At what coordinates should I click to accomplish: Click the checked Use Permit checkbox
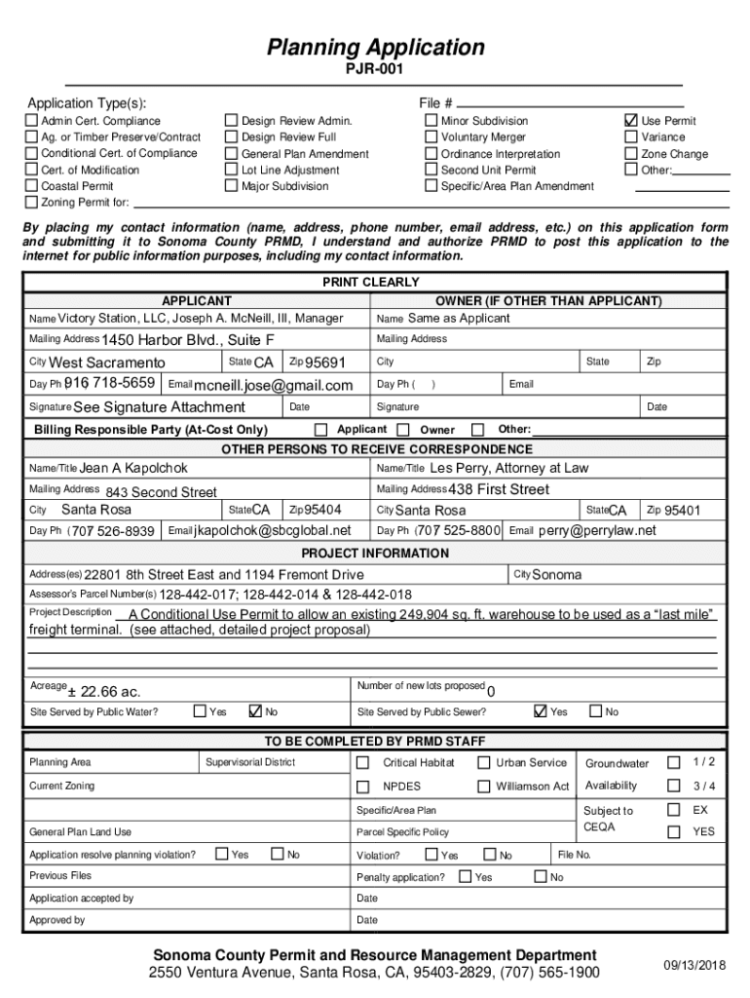(630, 121)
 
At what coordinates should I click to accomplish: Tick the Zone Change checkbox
(630, 154)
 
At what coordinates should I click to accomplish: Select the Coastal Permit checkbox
(32, 186)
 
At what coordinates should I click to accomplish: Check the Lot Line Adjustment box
(232, 170)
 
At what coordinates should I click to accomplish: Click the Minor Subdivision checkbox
(431, 121)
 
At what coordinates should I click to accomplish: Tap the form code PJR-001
(374, 69)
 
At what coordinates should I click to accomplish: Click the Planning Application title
(375, 47)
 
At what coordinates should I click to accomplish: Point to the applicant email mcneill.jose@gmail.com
(273, 386)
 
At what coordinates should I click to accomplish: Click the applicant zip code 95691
(325, 363)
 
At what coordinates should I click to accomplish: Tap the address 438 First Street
(499, 489)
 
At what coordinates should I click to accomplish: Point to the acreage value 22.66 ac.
(104, 691)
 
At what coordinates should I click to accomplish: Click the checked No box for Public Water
(257, 711)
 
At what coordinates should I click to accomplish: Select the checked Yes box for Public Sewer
(541, 711)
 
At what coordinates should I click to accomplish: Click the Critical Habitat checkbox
(362, 762)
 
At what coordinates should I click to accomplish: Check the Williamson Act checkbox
(483, 787)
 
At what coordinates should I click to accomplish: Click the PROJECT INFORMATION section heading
(375, 553)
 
